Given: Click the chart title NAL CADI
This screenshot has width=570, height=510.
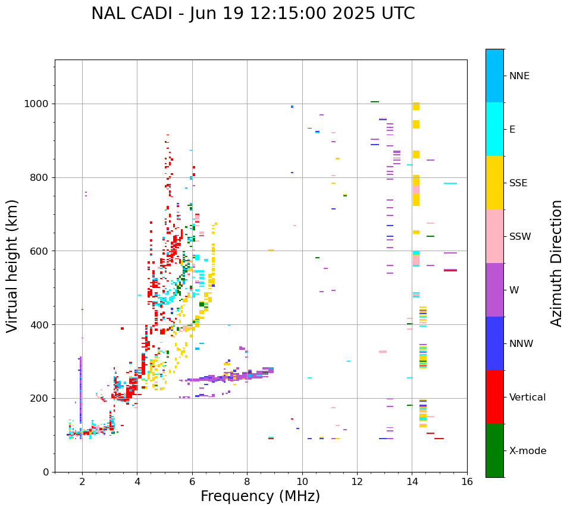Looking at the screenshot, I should click(253, 14).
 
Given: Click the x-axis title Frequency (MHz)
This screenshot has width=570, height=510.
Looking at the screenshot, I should click(260, 496).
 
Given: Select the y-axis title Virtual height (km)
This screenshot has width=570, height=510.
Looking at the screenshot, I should click(12, 265).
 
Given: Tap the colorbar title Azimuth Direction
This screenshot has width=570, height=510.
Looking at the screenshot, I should click(556, 263).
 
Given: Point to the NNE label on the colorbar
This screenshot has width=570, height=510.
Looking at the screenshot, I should click(519, 76).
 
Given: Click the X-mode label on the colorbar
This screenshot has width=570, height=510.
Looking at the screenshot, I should click(527, 451).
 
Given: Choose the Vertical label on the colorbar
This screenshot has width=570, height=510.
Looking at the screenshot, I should click(527, 398).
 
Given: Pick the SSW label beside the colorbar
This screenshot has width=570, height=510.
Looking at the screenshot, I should click(519, 237).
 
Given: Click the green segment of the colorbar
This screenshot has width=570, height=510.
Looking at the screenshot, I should click(494, 450).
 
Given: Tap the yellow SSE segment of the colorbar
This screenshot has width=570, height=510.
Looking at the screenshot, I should click(494, 183).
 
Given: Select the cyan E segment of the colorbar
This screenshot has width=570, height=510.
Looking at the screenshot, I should click(494, 129).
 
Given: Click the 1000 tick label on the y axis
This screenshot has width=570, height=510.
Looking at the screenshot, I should click(37, 104).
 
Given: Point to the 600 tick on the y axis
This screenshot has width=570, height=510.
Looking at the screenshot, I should click(40, 251).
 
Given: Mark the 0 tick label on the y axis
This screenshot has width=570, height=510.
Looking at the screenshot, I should click(46, 472).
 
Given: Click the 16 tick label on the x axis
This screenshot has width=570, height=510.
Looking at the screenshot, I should click(467, 482).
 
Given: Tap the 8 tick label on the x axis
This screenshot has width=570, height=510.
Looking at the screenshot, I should click(247, 482).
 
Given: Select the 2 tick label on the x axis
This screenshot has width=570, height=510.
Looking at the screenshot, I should click(82, 482).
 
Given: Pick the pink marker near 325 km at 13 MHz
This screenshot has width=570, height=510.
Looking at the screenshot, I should click(383, 352).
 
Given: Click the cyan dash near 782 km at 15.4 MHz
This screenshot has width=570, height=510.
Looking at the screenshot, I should click(450, 183).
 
